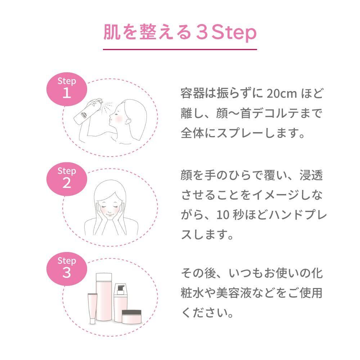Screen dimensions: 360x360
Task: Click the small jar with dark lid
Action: point(131,316)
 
